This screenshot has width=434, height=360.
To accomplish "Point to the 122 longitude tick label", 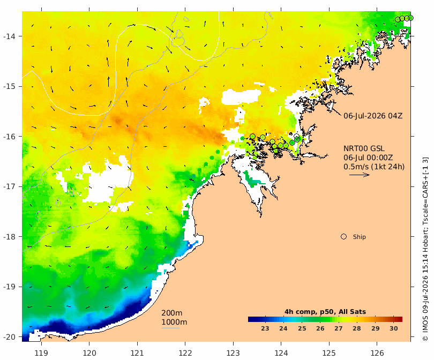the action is pyautogui.click(x=185, y=353).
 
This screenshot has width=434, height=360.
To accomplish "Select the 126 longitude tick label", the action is pyautogui.click(x=377, y=353).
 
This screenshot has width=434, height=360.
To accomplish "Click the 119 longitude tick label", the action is pyautogui.click(x=41, y=353).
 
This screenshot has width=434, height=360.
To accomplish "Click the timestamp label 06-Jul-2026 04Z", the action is pyautogui.click(x=373, y=116).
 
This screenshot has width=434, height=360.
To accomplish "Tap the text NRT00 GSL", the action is pyautogui.click(x=364, y=148).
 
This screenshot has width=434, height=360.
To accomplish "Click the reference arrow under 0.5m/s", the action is pyautogui.click(x=360, y=175).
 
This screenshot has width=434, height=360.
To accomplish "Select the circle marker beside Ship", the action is pyautogui.click(x=343, y=237).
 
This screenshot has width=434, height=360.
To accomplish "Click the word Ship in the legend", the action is pyautogui.click(x=360, y=237).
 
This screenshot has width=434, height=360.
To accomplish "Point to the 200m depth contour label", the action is pyautogui.click(x=171, y=313).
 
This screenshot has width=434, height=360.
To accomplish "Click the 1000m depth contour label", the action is pyautogui.click(x=174, y=322).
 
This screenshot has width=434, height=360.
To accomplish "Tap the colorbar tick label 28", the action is pyautogui.click(x=357, y=328).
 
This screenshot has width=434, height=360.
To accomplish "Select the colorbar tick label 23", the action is pyautogui.click(x=265, y=328).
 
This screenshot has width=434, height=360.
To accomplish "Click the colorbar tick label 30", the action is pyautogui.click(x=394, y=328).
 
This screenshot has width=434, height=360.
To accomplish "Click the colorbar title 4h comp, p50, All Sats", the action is pyautogui.click(x=325, y=312).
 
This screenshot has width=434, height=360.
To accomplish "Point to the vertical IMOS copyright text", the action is pyautogui.click(x=425, y=249).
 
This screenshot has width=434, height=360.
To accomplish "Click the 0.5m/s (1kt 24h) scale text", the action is pyautogui.click(x=374, y=167).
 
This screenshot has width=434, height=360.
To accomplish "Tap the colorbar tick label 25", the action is pyautogui.click(x=302, y=328).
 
